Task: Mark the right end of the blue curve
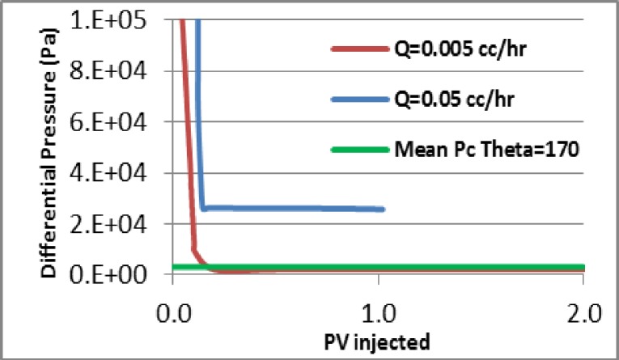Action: point(383,210)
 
